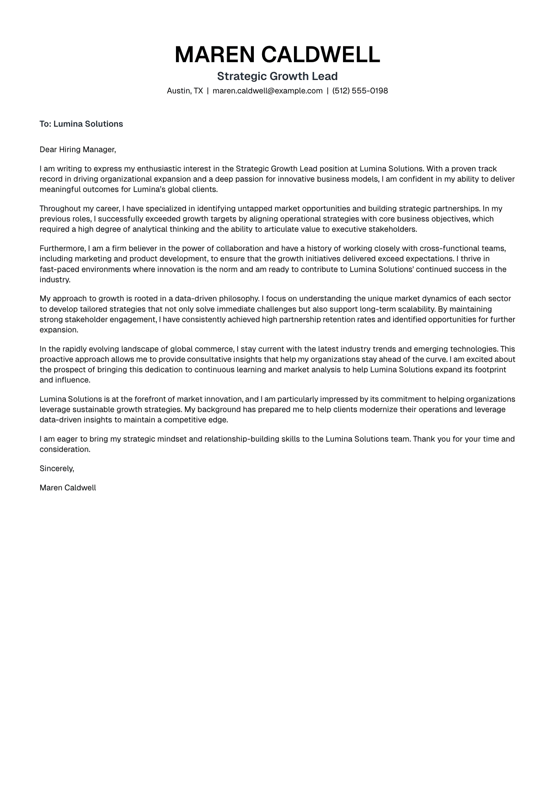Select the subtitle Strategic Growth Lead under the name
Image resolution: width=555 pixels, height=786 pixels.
click(277, 76)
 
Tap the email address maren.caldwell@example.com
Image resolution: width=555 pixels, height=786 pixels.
click(268, 91)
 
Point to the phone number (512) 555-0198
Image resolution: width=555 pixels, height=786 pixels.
click(360, 91)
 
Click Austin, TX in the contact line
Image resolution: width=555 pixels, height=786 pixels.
click(185, 91)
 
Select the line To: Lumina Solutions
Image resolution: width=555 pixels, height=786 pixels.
click(81, 124)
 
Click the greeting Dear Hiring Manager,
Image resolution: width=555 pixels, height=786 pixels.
click(78, 149)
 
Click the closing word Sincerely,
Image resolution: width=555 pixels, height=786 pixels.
click(57, 468)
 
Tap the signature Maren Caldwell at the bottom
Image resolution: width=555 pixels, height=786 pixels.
click(68, 488)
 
